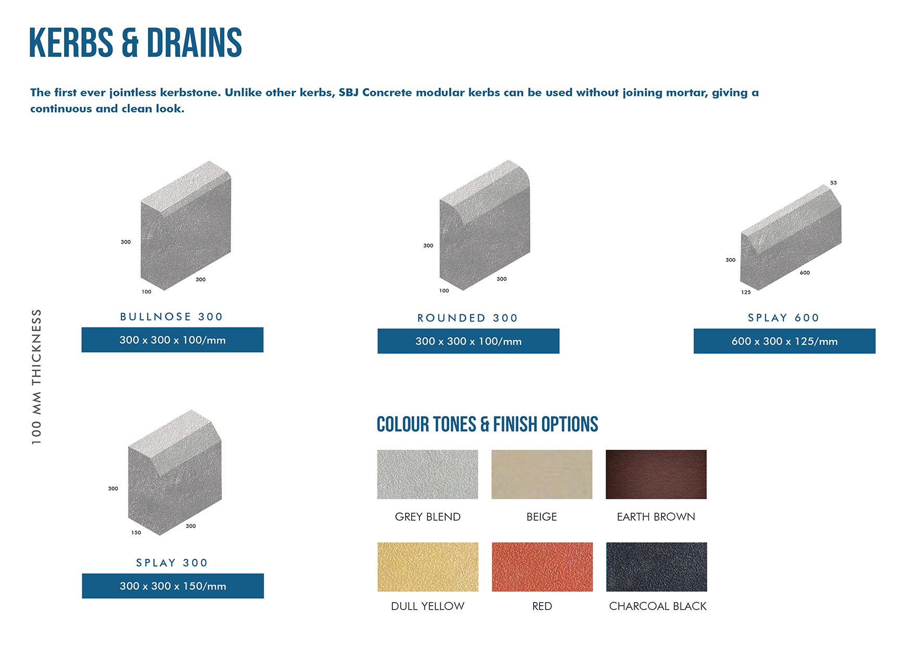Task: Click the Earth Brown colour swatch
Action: click(656, 474)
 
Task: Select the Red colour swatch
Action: click(542, 567)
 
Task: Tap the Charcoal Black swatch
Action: click(657, 567)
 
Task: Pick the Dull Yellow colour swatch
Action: click(428, 567)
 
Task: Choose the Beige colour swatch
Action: click(542, 474)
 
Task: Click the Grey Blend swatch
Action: click(427, 474)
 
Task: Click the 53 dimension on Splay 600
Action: click(833, 183)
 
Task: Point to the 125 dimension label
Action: click(746, 292)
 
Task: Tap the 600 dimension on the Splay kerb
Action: click(805, 273)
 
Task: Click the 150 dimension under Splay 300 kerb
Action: click(136, 533)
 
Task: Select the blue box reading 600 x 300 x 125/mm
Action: click(784, 341)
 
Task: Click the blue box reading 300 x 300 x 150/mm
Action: click(173, 586)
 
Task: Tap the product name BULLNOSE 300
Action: click(171, 317)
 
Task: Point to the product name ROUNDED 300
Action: click(467, 318)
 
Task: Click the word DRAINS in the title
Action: click(194, 43)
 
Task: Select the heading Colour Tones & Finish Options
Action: click(487, 424)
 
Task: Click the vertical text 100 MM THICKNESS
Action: click(36, 377)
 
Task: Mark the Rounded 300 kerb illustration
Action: click(485, 225)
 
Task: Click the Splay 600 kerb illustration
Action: click(791, 237)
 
